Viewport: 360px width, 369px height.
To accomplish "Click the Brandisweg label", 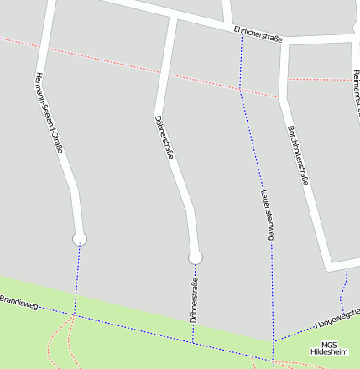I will pyautogui.click(x=19, y=303).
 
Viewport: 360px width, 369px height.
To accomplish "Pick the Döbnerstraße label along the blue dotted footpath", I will pyautogui.click(x=194, y=299).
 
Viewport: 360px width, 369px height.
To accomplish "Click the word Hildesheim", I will pyautogui.click(x=328, y=353).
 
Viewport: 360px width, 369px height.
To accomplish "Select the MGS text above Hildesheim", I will pyautogui.click(x=329, y=345).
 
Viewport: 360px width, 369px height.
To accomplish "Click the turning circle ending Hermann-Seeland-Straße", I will pyautogui.click(x=80, y=239).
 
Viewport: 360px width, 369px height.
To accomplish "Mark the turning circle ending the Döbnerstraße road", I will pyautogui.click(x=196, y=257).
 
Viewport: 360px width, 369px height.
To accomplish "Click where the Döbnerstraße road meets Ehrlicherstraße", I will pyautogui.click(x=173, y=17).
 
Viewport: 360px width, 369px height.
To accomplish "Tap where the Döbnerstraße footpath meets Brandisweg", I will pyautogui.click(x=192, y=342).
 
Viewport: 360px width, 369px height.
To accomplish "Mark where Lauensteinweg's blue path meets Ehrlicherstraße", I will pyautogui.click(x=242, y=34).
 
